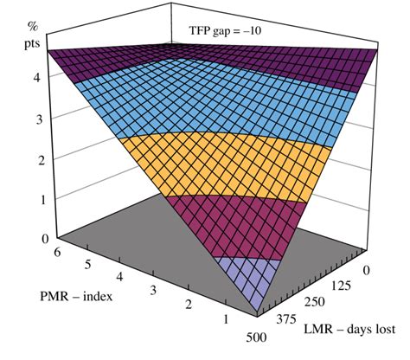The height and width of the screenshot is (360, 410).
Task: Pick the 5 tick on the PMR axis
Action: pos(86,264)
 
